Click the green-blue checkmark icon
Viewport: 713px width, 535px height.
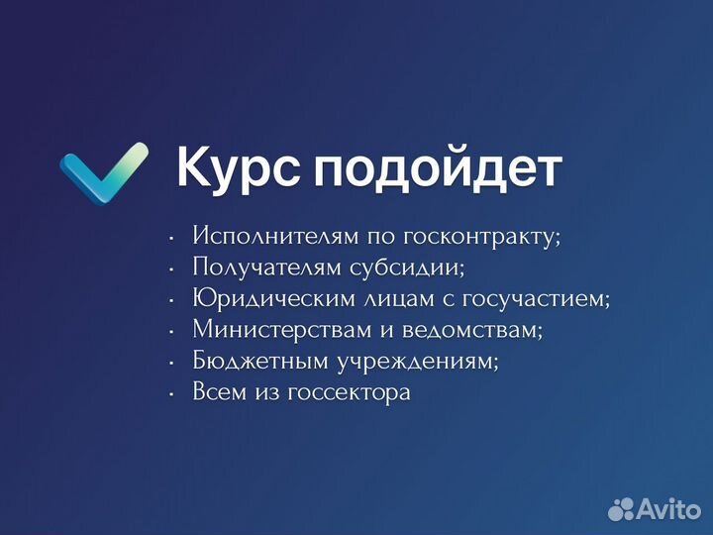103,173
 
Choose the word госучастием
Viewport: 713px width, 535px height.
537,300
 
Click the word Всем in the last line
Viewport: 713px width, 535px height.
220,392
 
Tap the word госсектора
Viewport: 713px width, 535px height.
349,393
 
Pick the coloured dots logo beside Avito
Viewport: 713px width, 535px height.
621,508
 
